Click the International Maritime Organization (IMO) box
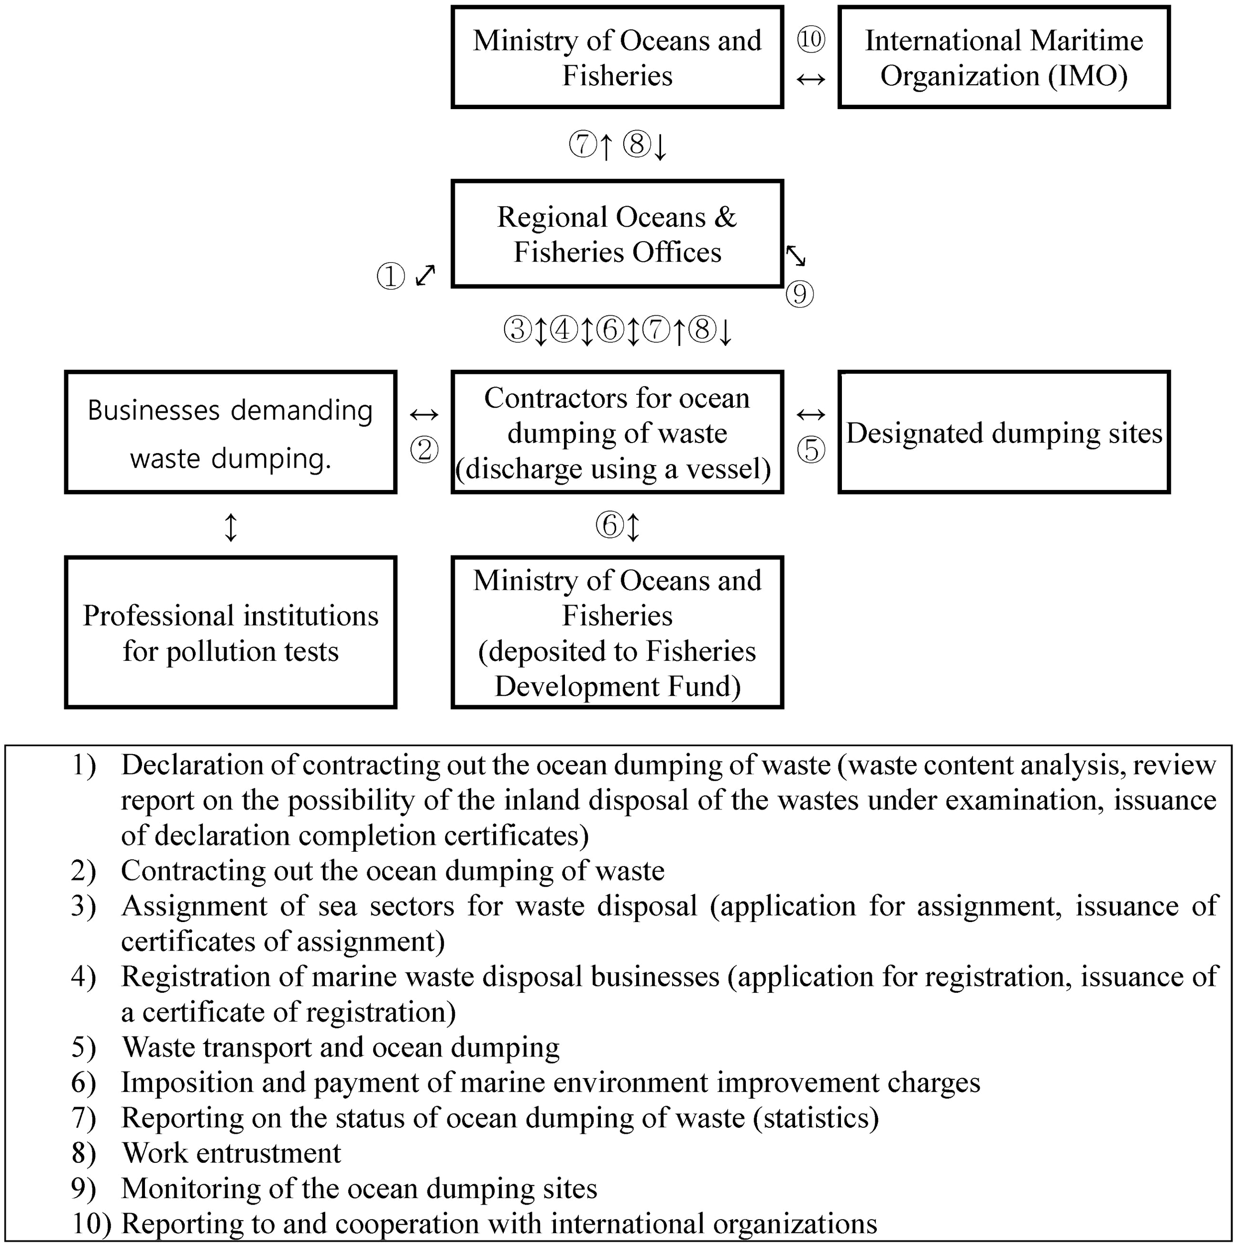point(1003,57)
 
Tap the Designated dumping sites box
point(1003,433)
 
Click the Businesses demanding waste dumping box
point(230,433)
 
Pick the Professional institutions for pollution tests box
point(230,632)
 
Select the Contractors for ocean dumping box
point(617,433)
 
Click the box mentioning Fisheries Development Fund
point(617,632)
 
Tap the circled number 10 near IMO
point(811,40)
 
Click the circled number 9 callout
point(800,294)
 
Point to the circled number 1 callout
point(391,277)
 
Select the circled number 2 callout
point(424,450)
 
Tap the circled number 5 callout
point(811,450)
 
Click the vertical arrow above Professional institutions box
point(230,527)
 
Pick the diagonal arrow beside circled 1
point(425,276)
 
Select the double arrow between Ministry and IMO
point(811,79)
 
